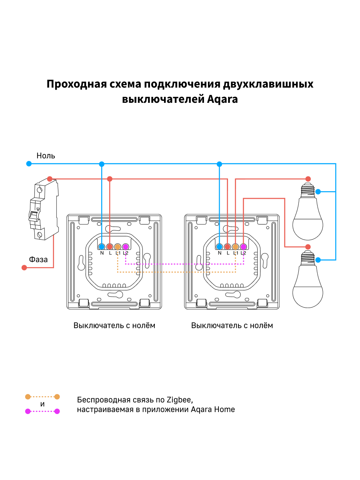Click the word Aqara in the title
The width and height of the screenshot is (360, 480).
click(222, 99)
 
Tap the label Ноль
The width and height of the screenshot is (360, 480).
click(46, 156)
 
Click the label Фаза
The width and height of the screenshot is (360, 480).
click(38, 260)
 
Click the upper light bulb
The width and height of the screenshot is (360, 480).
click(307, 212)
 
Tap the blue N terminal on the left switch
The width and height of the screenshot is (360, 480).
click(102, 247)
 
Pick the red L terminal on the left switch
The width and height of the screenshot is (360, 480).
click(110, 247)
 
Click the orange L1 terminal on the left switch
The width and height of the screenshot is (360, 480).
click(118, 247)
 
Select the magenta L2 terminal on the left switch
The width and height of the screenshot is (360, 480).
click(126, 247)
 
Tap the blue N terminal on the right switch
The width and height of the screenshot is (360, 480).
click(219, 247)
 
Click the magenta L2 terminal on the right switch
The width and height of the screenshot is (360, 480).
click(243, 247)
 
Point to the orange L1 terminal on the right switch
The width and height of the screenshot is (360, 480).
click(235, 247)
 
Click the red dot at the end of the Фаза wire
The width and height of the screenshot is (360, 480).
click(24, 268)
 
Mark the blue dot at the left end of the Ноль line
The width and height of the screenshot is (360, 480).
click(28, 164)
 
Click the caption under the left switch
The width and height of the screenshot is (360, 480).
click(114, 325)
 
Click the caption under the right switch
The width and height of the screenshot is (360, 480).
click(232, 325)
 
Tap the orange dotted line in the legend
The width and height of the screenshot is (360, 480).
click(42, 397)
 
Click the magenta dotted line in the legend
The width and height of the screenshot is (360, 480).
click(42, 411)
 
